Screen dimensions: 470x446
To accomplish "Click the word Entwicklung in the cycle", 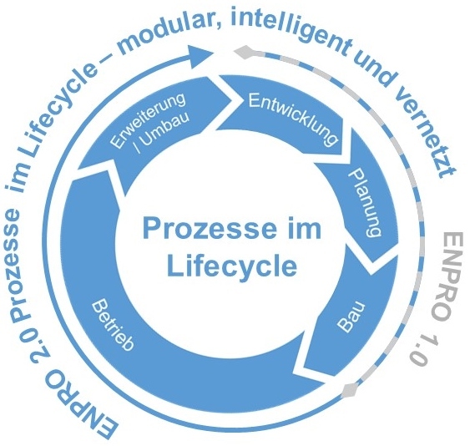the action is point(294,119).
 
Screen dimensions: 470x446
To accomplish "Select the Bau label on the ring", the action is point(351,317).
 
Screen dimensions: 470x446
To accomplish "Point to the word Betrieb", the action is point(113,325).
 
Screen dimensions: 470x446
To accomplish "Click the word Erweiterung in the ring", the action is point(146,120).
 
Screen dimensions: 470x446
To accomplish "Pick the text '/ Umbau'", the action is point(163,133).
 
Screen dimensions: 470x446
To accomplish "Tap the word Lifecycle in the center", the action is point(232,265).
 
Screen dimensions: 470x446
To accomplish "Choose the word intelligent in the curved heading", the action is point(291,29).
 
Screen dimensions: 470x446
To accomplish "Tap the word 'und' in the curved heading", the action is point(377,68).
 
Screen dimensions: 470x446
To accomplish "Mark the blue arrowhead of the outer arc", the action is point(200,57).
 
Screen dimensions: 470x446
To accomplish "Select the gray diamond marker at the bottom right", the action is point(349,390).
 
